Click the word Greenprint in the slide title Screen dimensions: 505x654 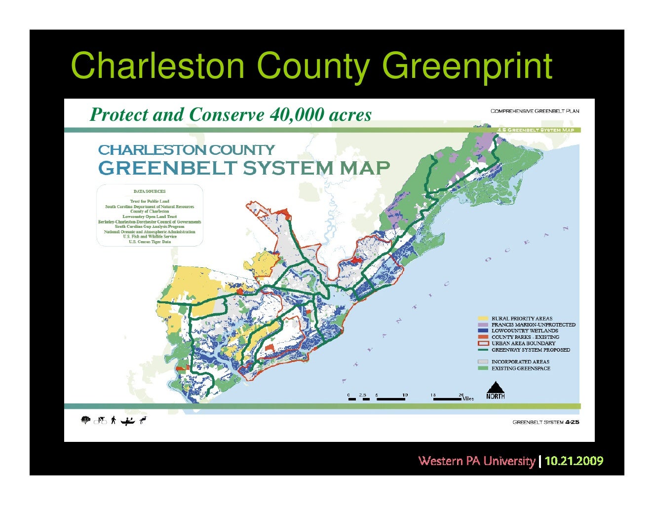(x=467, y=67)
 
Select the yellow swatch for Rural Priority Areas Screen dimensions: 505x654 (x=483, y=319)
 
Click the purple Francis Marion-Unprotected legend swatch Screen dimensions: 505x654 (x=483, y=325)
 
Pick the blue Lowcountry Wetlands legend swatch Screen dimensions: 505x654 (x=483, y=331)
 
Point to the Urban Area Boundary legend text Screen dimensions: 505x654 (x=523, y=343)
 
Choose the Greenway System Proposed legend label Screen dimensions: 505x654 (x=531, y=350)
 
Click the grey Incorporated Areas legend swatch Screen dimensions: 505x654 (x=483, y=362)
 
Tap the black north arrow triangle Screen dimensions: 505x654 (x=495, y=387)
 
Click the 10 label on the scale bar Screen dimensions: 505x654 (x=405, y=395)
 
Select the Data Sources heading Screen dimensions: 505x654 (x=150, y=191)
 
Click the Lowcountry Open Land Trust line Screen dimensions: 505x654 (x=150, y=216)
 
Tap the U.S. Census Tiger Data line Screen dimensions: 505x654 (x=150, y=242)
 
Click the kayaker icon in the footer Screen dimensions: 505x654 (x=127, y=421)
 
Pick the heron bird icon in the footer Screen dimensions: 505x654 (x=143, y=420)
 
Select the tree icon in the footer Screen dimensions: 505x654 (x=86, y=420)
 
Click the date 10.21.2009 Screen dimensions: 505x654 (x=574, y=461)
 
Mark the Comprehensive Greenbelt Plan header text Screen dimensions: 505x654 (x=535, y=111)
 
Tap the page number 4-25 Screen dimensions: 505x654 (x=573, y=422)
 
